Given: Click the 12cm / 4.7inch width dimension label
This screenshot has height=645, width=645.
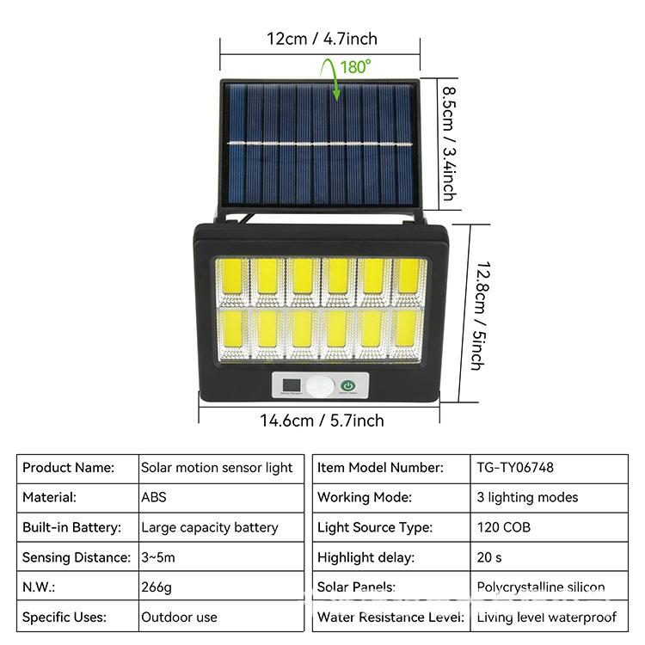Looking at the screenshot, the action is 322,39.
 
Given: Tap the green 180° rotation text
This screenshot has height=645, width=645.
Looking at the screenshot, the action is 355,66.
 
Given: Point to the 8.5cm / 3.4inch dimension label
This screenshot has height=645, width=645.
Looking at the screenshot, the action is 448,142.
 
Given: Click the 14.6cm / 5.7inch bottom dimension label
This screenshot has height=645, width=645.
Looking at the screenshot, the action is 322,421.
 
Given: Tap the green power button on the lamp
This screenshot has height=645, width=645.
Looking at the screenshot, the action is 348,386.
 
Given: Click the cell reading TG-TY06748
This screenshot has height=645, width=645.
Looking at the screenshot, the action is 515,468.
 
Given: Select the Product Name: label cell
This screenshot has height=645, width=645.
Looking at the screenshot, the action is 69,468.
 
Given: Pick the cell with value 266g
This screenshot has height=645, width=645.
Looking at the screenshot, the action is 156,587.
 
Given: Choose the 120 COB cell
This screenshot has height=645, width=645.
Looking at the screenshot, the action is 501,527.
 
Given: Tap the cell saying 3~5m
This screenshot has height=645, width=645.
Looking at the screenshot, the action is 158,557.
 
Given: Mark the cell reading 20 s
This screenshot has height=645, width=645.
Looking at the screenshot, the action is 489,557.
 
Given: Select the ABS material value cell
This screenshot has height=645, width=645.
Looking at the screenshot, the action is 154,497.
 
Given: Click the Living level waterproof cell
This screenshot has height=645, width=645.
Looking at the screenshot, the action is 546,617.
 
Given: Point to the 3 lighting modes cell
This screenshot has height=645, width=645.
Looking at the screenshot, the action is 527,497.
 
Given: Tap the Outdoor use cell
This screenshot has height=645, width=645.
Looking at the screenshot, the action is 179,617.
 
